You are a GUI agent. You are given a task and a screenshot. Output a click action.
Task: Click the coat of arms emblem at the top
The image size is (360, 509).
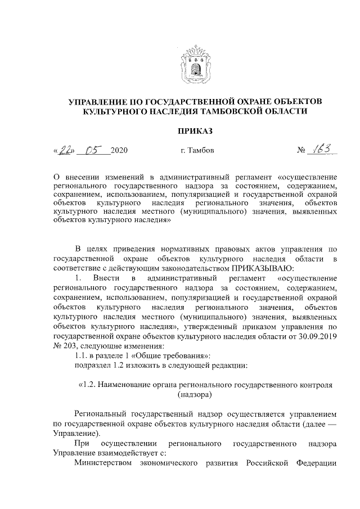[x=195, y=64]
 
